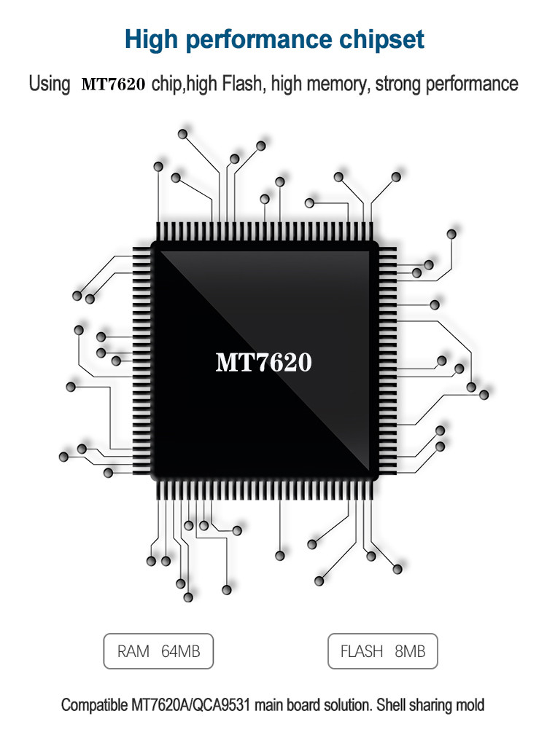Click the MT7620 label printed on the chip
tap(263, 362)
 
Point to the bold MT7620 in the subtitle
tap(113, 84)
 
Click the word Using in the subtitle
tap(50, 84)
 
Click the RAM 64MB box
tap(158, 651)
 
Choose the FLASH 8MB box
tap(382, 651)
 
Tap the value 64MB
tap(181, 651)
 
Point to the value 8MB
tap(410, 651)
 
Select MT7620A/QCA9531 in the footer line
tap(190, 704)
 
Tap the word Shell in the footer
tap(391, 704)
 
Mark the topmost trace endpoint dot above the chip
tap(182, 134)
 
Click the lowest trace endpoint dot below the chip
tap(188, 597)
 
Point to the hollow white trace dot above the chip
tap(309, 203)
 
